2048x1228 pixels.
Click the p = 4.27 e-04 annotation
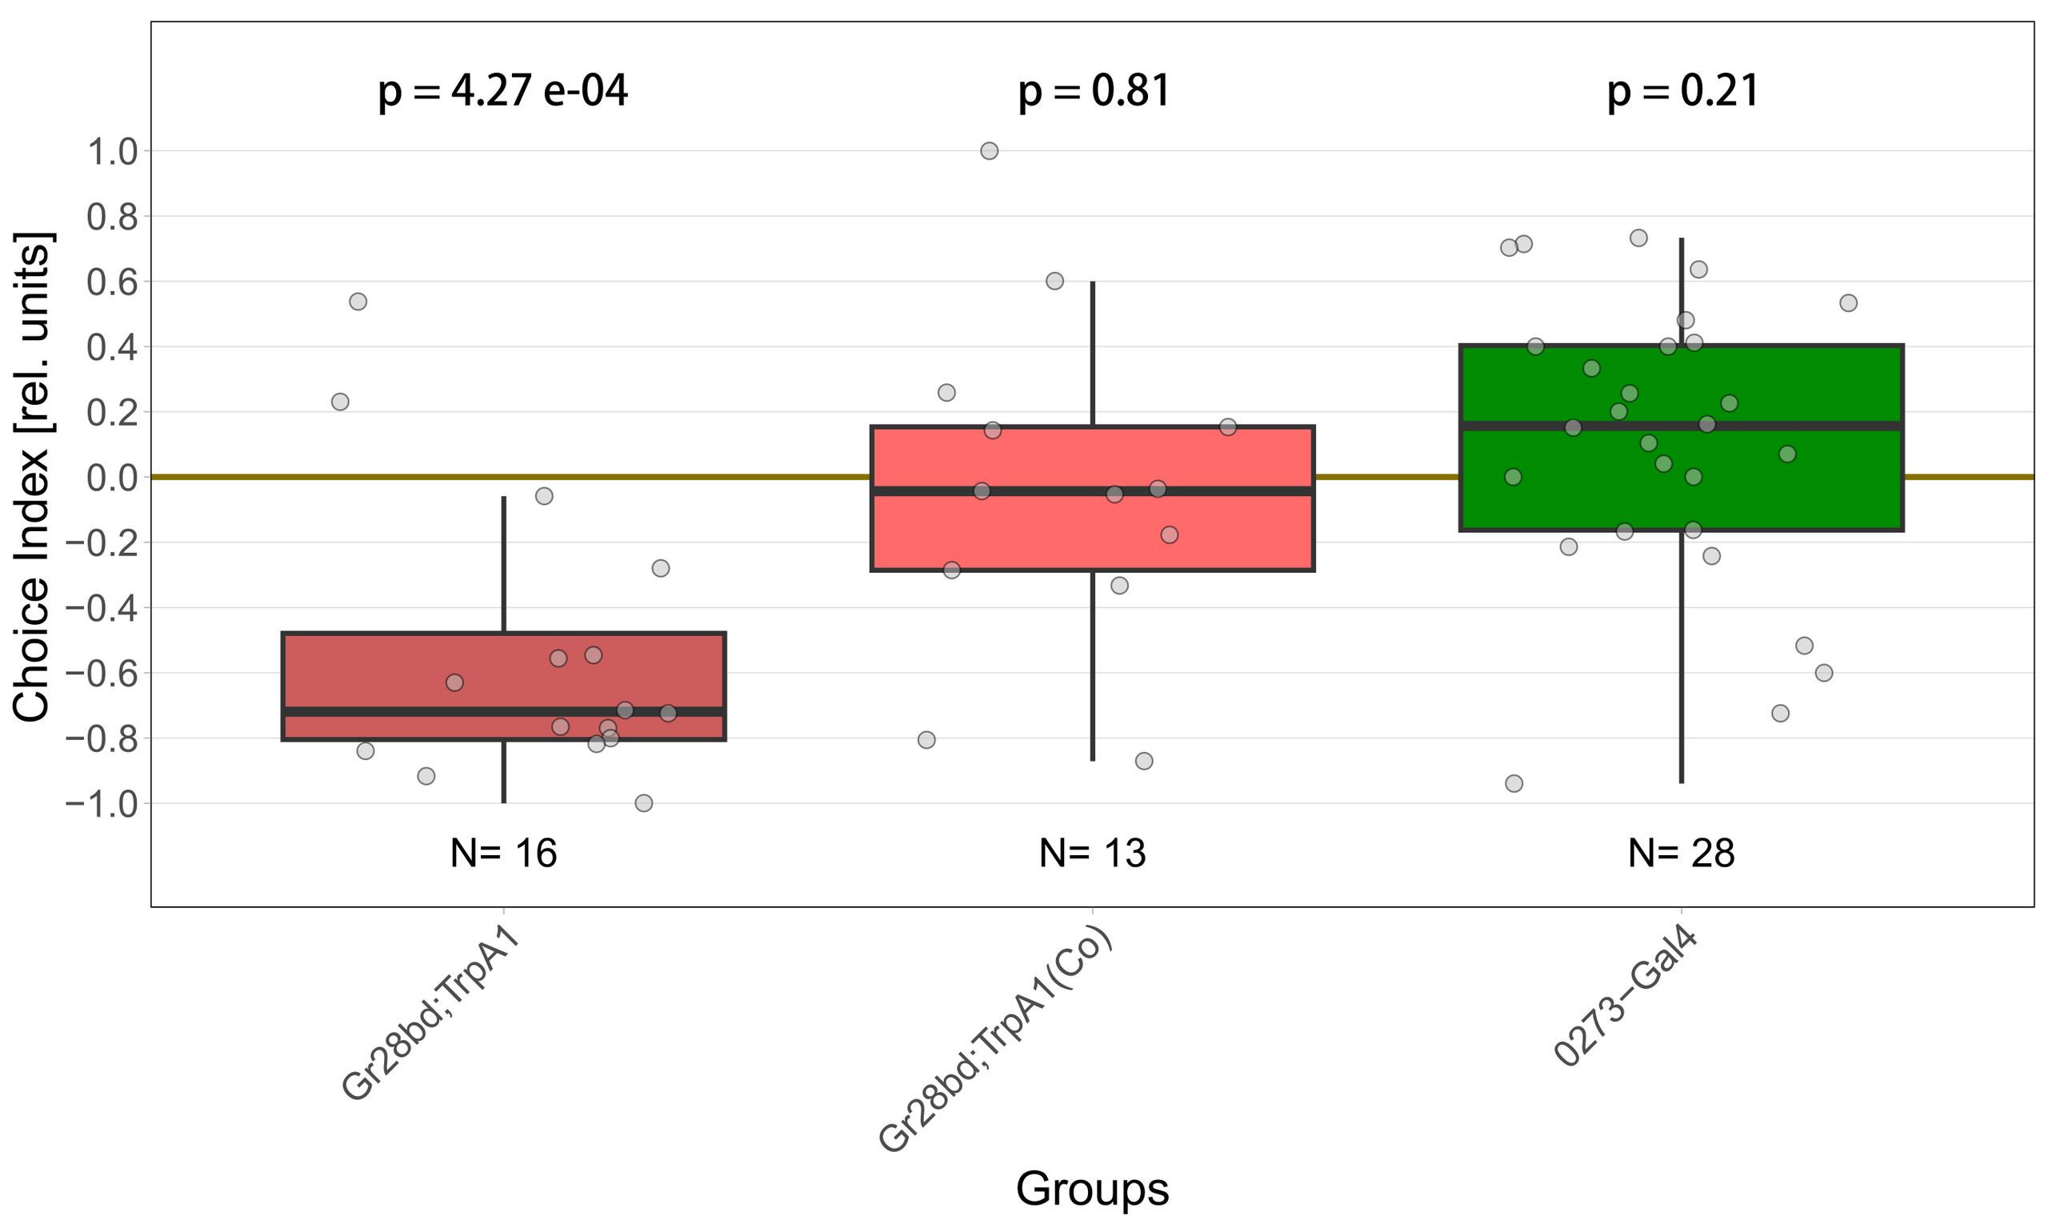point(503,91)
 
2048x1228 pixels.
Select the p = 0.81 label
point(1094,91)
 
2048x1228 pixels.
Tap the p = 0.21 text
point(1683,91)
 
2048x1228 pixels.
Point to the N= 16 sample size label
point(503,853)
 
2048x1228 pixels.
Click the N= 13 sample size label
point(1092,853)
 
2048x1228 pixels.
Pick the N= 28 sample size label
point(1682,853)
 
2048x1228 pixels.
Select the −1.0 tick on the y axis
point(101,803)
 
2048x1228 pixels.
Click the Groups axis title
point(1092,1189)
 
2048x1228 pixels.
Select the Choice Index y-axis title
point(33,478)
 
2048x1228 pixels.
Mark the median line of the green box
point(1682,426)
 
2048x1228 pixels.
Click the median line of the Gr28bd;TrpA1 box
point(503,712)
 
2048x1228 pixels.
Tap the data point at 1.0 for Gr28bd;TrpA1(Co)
point(989,150)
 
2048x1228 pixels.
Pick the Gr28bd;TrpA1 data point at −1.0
point(644,802)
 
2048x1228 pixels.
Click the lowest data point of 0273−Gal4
point(1514,783)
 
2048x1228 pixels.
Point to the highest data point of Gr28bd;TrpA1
point(358,302)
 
